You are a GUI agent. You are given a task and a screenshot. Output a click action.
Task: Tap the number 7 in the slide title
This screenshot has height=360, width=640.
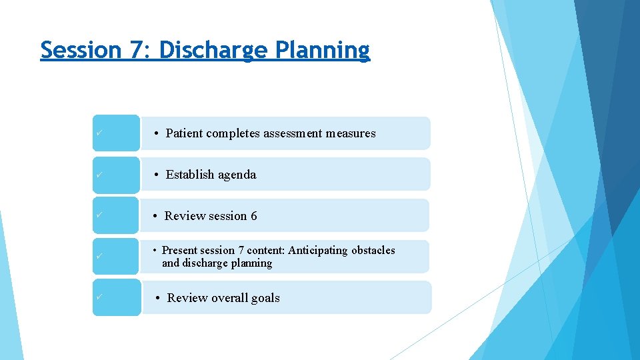point(138,50)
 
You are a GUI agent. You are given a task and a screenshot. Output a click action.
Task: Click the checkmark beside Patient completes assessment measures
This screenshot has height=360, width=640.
point(98,133)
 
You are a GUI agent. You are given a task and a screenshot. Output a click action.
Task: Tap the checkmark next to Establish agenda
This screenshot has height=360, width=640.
point(98,174)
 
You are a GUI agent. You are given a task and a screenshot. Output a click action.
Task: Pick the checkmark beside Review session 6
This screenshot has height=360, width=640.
point(98,215)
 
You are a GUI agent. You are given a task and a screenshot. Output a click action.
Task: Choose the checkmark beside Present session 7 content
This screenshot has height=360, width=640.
point(98,257)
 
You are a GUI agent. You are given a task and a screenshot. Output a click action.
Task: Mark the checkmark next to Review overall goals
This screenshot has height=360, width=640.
point(98,297)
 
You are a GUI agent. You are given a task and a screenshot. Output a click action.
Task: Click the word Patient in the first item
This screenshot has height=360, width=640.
point(184,133)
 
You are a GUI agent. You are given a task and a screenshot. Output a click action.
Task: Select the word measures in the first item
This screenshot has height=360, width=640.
point(351,133)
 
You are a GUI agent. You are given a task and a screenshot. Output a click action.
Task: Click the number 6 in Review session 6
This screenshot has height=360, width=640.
point(253,216)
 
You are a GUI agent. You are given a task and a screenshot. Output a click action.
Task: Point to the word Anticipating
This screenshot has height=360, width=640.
point(318,251)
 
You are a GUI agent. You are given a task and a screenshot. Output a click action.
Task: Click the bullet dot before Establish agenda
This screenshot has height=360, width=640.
point(155,175)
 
